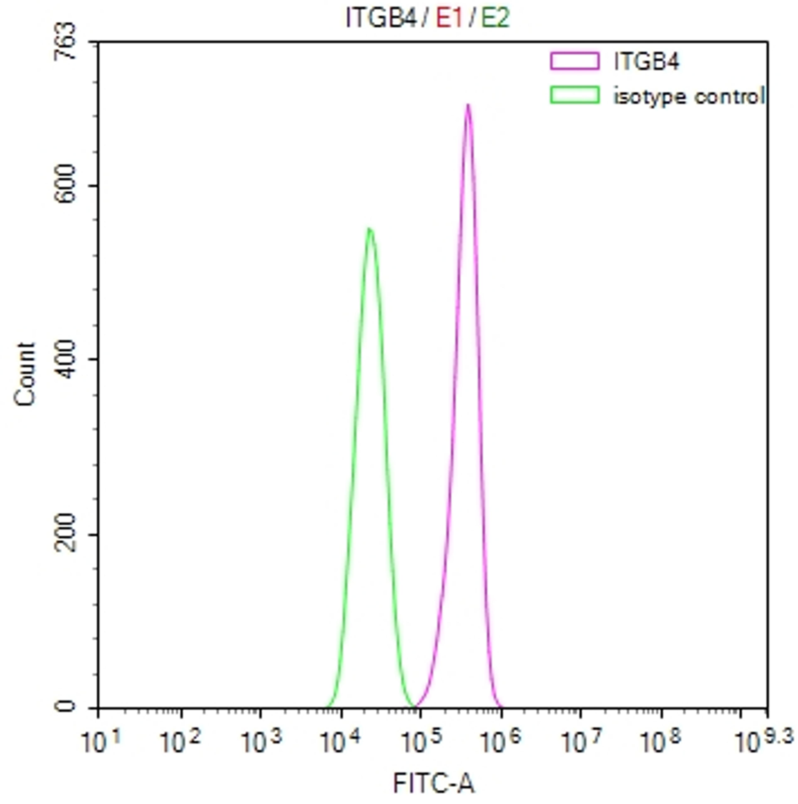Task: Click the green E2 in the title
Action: coord(496,18)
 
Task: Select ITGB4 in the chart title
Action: coord(381,18)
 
